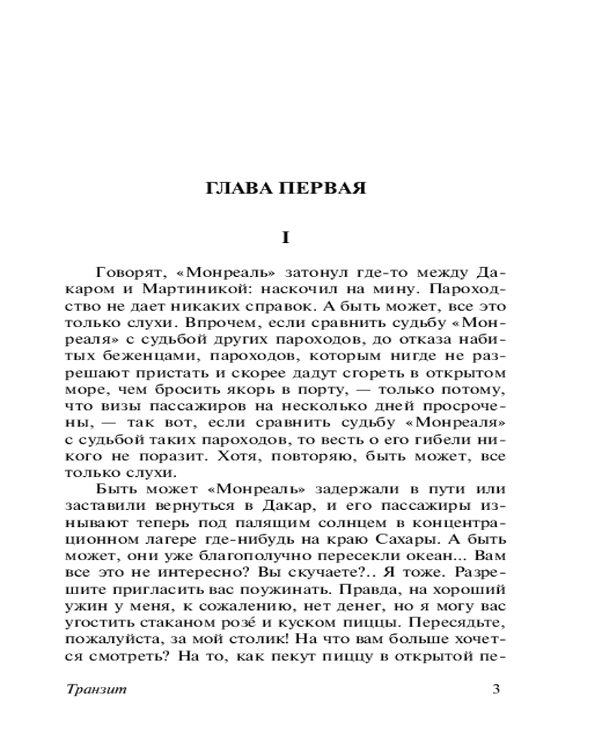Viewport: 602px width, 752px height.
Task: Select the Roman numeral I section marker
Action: [285, 238]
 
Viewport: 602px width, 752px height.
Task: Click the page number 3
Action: [495, 690]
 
